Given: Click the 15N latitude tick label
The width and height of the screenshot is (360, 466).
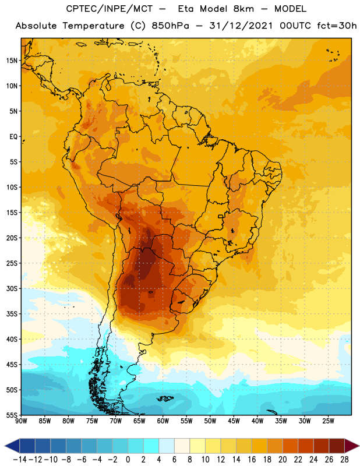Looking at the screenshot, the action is pyautogui.click(x=12, y=61).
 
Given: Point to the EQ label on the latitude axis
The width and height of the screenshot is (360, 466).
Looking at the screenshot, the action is pyautogui.click(x=13, y=137).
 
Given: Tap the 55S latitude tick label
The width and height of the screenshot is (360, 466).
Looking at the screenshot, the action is pyautogui.click(x=12, y=415).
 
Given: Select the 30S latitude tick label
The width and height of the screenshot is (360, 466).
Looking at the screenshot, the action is pyautogui.click(x=12, y=288).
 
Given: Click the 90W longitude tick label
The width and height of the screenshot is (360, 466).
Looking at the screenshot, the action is pyautogui.click(x=21, y=421).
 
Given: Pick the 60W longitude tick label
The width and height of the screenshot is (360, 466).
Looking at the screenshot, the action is pyautogui.click(x=163, y=421).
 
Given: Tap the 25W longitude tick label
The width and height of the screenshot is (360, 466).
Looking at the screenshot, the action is pyautogui.click(x=328, y=421).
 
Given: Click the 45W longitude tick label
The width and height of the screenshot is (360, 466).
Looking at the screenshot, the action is pyautogui.click(x=234, y=421).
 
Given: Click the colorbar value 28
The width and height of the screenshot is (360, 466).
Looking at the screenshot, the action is pyautogui.click(x=344, y=460).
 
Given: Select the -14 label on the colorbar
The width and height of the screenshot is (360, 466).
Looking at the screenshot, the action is pyautogui.click(x=20, y=460).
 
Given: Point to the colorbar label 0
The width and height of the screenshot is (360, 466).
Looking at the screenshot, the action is pyautogui.click(x=128, y=460).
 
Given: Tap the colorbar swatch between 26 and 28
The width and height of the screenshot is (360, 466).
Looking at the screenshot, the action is pyautogui.click(x=337, y=446).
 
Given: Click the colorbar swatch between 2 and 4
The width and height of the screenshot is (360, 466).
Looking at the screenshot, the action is pyautogui.click(x=151, y=446).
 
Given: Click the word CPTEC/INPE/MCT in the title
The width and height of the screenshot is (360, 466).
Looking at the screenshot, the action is pyautogui.click(x=110, y=9).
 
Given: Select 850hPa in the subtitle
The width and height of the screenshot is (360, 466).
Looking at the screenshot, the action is pyautogui.click(x=170, y=26).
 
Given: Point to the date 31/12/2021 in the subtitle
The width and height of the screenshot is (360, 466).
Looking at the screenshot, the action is pyautogui.click(x=241, y=26).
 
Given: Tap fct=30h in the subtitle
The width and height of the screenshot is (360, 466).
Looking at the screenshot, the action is pyautogui.click(x=337, y=26).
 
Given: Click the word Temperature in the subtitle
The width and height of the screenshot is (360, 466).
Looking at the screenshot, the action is pyautogui.click(x=93, y=26).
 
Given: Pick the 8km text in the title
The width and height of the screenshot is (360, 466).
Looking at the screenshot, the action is pyautogui.click(x=243, y=9).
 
